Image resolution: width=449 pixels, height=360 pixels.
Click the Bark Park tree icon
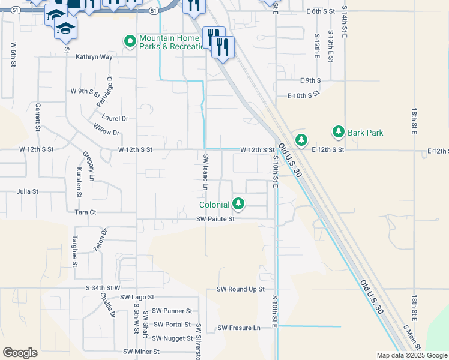coord(339,132)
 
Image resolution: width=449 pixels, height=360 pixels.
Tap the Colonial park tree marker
coord(239,204)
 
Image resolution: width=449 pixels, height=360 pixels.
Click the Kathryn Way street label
coord(94,57)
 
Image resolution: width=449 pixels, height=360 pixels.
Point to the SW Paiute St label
coord(214,220)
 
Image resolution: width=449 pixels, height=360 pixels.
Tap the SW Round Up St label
coord(241,289)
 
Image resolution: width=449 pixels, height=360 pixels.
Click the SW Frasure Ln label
coord(239,328)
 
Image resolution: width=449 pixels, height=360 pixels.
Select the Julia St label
coord(28,192)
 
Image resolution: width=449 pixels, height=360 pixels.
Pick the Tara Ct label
coord(85,212)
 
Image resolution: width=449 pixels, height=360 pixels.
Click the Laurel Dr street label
coord(115,119)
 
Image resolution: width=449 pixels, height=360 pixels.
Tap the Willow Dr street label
coord(107,129)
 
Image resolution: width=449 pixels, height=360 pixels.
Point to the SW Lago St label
coord(137,297)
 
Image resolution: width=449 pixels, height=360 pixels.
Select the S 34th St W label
coord(103,288)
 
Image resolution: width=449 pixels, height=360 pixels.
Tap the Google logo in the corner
coord(20,353)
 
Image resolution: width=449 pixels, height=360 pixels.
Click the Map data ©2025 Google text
coord(412,355)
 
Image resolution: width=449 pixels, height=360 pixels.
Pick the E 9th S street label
coord(310,80)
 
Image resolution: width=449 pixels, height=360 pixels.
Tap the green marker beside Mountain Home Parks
coord(129,41)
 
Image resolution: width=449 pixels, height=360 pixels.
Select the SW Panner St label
coord(172,311)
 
